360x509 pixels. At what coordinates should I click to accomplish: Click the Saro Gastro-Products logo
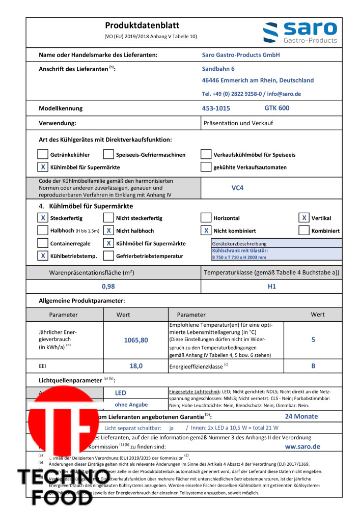[x=300, y=32]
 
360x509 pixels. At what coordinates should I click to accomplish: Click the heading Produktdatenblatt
[x=142, y=25]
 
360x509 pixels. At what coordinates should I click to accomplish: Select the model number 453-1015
[x=216, y=108]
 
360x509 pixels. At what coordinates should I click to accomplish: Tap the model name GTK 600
[x=276, y=108]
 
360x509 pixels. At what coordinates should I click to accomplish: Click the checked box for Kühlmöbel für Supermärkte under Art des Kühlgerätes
[x=43, y=167]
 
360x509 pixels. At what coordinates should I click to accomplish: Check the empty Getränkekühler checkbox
[x=43, y=154]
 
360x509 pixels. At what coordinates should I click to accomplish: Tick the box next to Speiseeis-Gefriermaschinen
[x=108, y=154]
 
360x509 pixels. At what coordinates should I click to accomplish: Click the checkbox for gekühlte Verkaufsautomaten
[x=206, y=167]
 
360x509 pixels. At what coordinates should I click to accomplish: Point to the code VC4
[x=237, y=188]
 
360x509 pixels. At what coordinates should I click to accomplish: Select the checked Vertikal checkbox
[x=304, y=218]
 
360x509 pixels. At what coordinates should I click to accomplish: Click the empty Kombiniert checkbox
[x=304, y=231]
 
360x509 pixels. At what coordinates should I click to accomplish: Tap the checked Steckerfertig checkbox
[x=43, y=218]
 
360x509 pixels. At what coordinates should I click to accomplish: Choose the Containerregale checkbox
[x=43, y=243]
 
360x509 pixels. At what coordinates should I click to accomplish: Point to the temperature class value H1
[x=271, y=286]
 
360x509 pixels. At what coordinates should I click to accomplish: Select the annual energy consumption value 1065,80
[x=136, y=340]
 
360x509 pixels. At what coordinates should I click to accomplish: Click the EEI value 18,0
[x=136, y=365]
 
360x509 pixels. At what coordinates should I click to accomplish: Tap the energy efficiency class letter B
[x=314, y=365]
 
